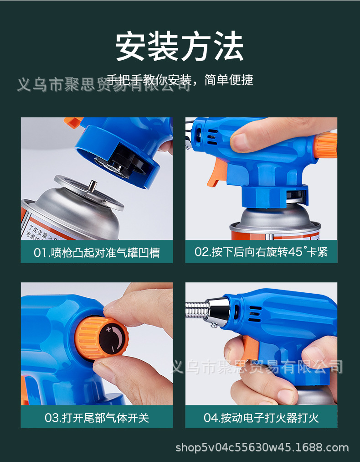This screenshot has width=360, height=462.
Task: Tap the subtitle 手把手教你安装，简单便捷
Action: coord(180,80)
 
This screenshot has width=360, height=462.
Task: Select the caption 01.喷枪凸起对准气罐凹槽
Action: coord(97,252)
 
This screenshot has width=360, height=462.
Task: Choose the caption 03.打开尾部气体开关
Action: coord(97,417)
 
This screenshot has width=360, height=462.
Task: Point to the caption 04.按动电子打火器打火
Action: coord(261,417)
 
